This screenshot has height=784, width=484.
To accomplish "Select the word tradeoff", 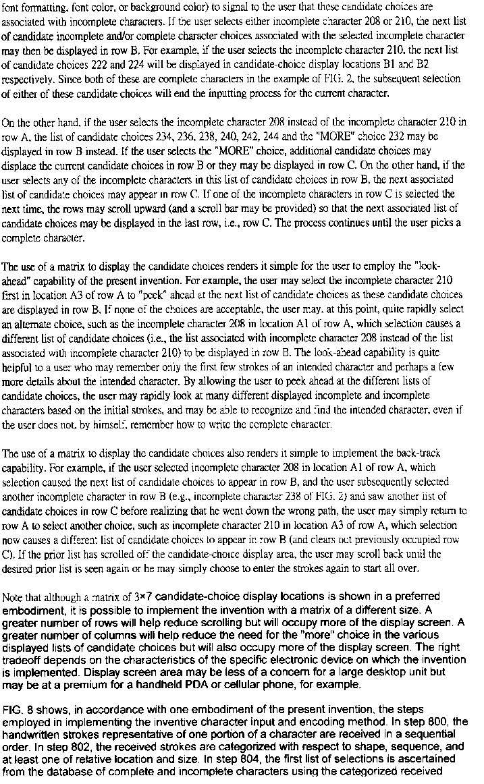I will (21, 659).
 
